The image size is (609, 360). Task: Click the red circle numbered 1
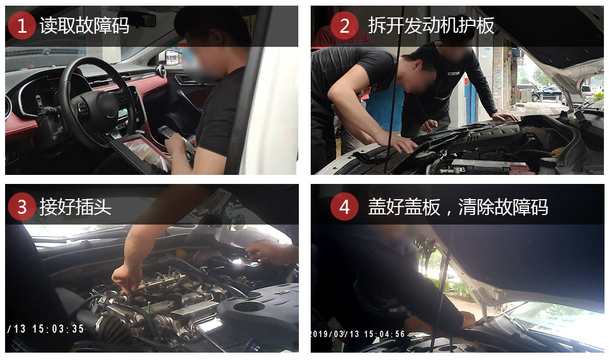pyautogui.click(x=22, y=25)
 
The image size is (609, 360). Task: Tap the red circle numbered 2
pyautogui.click(x=345, y=25)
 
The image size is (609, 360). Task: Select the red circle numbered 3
pyautogui.click(x=22, y=207)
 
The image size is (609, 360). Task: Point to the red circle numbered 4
pyautogui.click(x=345, y=207)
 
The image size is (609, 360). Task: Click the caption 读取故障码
pyautogui.click(x=84, y=25)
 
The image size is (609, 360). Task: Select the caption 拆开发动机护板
pyautogui.click(x=431, y=25)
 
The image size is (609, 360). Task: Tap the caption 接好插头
pyautogui.click(x=76, y=207)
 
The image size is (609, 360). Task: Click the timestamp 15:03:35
pyautogui.click(x=58, y=329)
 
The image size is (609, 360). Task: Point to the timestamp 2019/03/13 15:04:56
pyautogui.click(x=358, y=334)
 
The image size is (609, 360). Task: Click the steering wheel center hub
pyautogui.click(x=105, y=104)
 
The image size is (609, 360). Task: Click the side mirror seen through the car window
pyautogui.click(x=173, y=57)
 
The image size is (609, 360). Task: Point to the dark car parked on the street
pyautogui.click(x=547, y=94)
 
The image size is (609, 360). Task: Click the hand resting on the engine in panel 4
pyautogui.click(x=467, y=320)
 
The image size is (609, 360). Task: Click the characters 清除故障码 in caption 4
pyautogui.click(x=504, y=207)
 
